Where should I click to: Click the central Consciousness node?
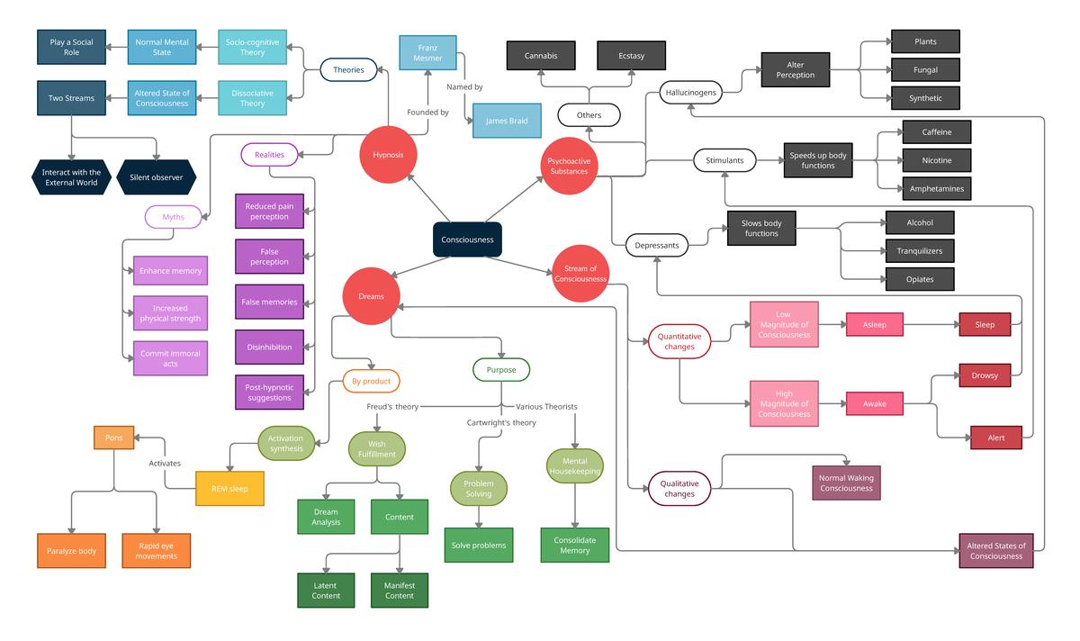coord(467,239)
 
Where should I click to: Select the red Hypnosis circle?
coord(389,155)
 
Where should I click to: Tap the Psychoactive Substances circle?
coord(569,166)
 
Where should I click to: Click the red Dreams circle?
coord(371,296)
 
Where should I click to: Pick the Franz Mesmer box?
coord(427,52)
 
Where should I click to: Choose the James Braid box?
coord(507,121)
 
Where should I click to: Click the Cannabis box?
coord(541,56)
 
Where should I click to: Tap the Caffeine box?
coord(936,131)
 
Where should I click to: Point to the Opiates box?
coord(919,279)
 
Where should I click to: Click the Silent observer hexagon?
coord(156,177)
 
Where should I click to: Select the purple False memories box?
coord(269,302)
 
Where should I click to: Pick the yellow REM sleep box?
coord(230,489)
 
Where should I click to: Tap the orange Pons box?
coord(114,438)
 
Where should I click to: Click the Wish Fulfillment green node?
coord(377,448)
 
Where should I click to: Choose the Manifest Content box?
coord(400,590)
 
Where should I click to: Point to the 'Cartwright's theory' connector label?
coord(501,422)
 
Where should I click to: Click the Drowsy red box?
coord(985,375)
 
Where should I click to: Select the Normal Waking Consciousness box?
coord(846,483)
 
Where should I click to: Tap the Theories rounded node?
coord(348,69)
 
